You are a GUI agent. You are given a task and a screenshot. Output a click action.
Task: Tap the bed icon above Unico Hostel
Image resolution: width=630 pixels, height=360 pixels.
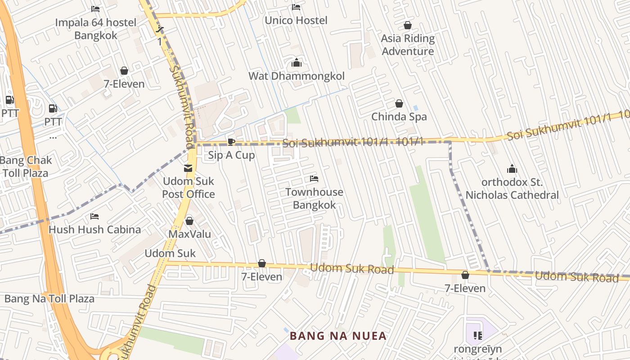[296, 7]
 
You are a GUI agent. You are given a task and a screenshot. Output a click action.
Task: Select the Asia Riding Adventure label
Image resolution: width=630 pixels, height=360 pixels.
[408, 45]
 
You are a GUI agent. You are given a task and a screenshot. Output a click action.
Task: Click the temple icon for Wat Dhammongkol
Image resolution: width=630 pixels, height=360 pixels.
[297, 63]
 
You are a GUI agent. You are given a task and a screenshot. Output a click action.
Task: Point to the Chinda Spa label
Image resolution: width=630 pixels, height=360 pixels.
[399, 117]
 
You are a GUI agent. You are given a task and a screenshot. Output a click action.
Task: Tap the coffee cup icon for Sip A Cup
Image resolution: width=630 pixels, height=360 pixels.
[231, 142]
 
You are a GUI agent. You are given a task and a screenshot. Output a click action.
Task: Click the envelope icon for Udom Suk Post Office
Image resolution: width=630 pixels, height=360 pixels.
[188, 168]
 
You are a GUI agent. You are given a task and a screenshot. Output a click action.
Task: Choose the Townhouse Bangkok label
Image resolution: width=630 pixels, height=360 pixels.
[314, 198]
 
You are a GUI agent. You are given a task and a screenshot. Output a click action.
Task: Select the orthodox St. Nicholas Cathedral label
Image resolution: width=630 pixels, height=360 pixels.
[512, 189]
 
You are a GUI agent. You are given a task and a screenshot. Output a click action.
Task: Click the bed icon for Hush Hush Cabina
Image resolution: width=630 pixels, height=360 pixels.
[94, 216]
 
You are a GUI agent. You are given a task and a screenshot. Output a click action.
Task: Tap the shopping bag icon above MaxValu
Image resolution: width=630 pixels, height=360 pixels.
[189, 221]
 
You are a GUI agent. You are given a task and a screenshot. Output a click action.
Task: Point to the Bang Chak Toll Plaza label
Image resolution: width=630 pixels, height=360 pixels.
[26, 166]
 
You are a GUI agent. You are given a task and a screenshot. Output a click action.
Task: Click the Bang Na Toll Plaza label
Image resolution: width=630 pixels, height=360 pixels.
[49, 298]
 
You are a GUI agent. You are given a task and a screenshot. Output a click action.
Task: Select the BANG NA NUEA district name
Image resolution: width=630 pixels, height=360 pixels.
[338, 336]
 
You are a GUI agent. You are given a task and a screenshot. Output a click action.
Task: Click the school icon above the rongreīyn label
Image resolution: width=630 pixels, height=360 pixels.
[478, 335]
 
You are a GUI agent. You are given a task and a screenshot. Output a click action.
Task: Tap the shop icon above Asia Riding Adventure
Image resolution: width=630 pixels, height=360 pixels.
[408, 25]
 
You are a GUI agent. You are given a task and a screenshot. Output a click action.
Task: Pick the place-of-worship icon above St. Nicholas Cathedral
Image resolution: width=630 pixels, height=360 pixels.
[512, 169]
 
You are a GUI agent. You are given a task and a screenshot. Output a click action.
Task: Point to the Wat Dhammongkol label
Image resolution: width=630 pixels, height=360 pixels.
[297, 76]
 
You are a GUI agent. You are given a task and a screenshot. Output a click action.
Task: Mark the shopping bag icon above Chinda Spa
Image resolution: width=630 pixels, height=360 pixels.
[399, 104]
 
